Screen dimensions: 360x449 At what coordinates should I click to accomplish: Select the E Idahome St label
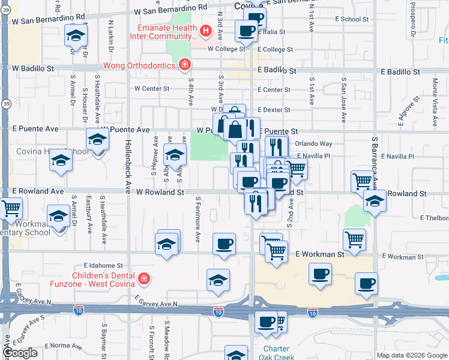[x=103, y=265]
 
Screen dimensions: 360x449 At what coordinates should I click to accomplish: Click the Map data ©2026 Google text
[x=412, y=355]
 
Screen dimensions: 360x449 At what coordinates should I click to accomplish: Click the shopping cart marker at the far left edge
[x=11, y=208]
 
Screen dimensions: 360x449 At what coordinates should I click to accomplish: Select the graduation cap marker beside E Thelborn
[x=375, y=201]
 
